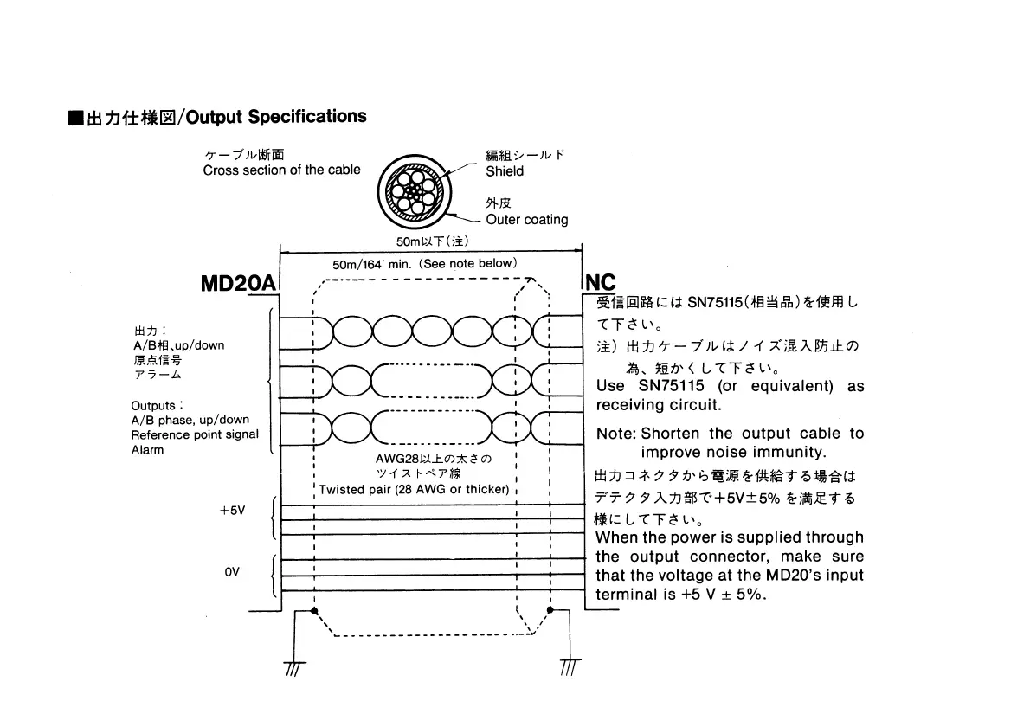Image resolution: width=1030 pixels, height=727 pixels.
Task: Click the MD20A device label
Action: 237,284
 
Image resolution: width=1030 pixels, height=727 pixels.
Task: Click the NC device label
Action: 602,284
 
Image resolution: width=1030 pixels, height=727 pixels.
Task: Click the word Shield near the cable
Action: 505,171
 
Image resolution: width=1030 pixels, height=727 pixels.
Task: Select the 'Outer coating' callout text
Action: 526,220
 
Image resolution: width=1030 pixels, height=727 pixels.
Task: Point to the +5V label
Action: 232,511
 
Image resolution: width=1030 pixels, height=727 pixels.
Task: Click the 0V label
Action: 231,573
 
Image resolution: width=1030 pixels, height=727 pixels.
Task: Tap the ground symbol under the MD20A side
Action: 295,667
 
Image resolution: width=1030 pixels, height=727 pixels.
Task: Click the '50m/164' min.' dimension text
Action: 424,263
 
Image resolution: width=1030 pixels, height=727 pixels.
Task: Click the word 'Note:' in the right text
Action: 616,434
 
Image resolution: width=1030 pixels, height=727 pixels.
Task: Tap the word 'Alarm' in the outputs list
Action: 147,450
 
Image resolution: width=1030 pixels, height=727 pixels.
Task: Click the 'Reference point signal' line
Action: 195,434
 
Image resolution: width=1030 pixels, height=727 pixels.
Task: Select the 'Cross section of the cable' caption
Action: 281,170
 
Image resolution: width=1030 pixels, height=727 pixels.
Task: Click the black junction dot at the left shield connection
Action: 314,611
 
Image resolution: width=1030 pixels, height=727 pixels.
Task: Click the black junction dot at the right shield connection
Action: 549,611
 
